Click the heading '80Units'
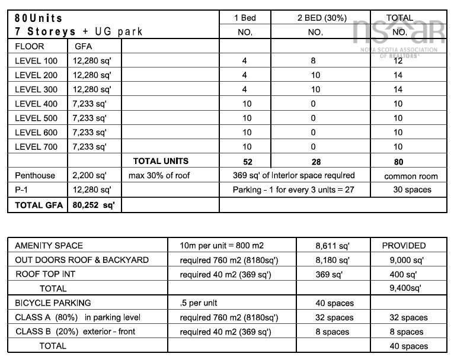coord(39,18)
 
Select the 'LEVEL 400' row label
coord(36,104)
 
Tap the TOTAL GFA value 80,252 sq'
coord(94,205)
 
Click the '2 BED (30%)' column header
coord(315,18)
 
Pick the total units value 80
coord(398,161)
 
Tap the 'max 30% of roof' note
coord(159,175)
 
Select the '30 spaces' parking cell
coord(412,189)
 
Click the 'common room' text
coord(411,176)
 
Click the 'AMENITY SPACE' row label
coord(49,245)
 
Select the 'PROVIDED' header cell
coord(404,245)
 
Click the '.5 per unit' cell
coord(198,303)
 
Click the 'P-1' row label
coord(23,189)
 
